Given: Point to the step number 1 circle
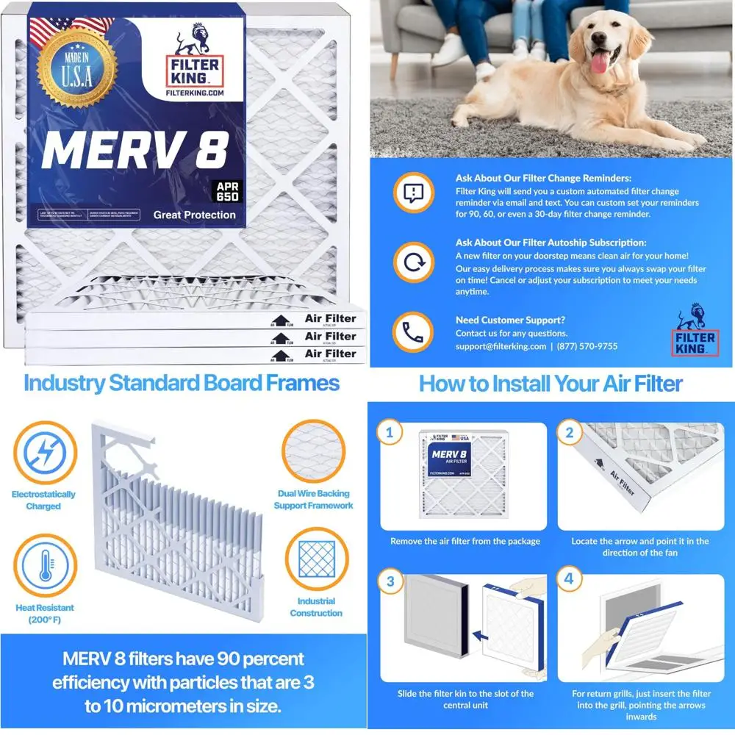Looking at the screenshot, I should pyautogui.click(x=390, y=433).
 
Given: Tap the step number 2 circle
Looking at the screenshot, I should pyautogui.click(x=569, y=433).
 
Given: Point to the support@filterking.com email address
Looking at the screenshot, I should pyautogui.click(x=501, y=346).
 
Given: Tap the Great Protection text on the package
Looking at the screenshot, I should pyautogui.click(x=194, y=215).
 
